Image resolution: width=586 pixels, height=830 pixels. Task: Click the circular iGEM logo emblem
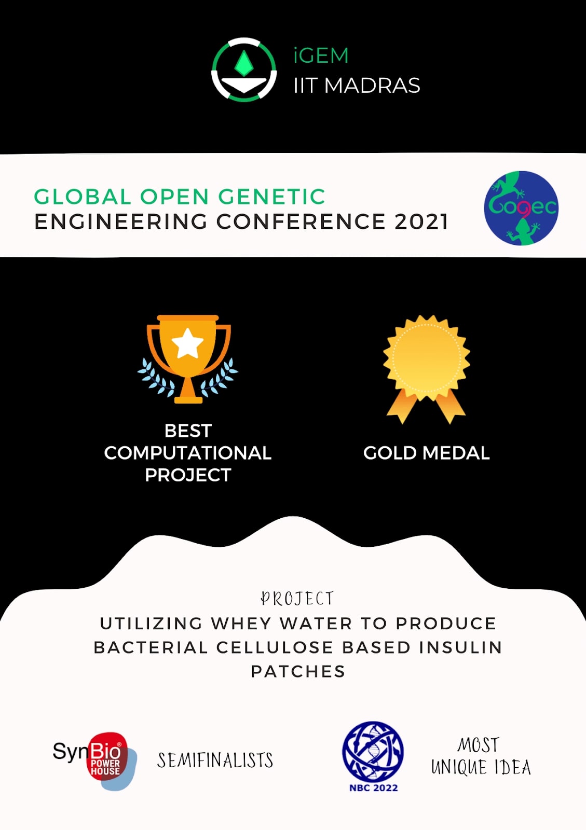(244, 70)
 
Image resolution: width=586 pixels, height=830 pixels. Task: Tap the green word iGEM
(321, 56)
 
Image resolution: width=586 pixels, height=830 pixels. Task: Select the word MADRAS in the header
(372, 85)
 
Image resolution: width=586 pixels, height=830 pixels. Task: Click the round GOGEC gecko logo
(521, 208)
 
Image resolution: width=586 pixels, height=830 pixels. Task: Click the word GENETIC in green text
(271, 197)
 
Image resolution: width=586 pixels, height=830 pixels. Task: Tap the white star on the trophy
(187, 343)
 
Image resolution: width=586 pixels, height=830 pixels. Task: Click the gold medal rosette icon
(426, 369)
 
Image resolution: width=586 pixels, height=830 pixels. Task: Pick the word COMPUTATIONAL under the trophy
(188, 453)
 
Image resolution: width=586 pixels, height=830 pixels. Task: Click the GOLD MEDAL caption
(426, 453)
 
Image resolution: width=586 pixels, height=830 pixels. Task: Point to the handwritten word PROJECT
(297, 599)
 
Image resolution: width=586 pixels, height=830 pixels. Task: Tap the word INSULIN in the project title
(460, 648)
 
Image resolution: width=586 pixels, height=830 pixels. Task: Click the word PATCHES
(298, 671)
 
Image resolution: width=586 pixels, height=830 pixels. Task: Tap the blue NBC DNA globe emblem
(373, 751)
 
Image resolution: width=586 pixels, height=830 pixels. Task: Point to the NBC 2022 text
(373, 788)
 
